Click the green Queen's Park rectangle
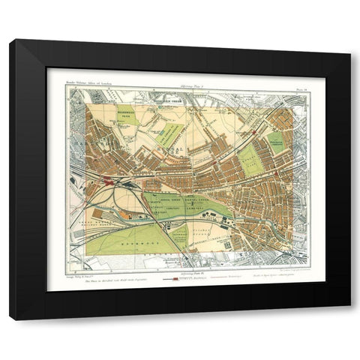[250, 160]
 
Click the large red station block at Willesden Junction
[109, 181]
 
